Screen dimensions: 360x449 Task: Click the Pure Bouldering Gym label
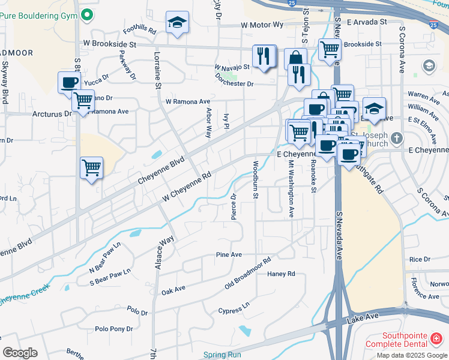[x=38, y=13]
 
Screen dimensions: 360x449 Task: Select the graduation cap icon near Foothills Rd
[x=177, y=23]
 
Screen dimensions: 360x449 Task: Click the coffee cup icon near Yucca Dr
[x=69, y=82]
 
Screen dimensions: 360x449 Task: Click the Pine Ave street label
[x=229, y=255]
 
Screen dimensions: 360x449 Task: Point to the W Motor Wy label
[x=262, y=25]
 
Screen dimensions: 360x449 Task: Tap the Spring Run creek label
[x=221, y=355]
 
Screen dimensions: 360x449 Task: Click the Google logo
[x=20, y=353]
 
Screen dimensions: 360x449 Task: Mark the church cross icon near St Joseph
[x=396, y=139]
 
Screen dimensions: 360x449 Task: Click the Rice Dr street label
[x=415, y=259]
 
